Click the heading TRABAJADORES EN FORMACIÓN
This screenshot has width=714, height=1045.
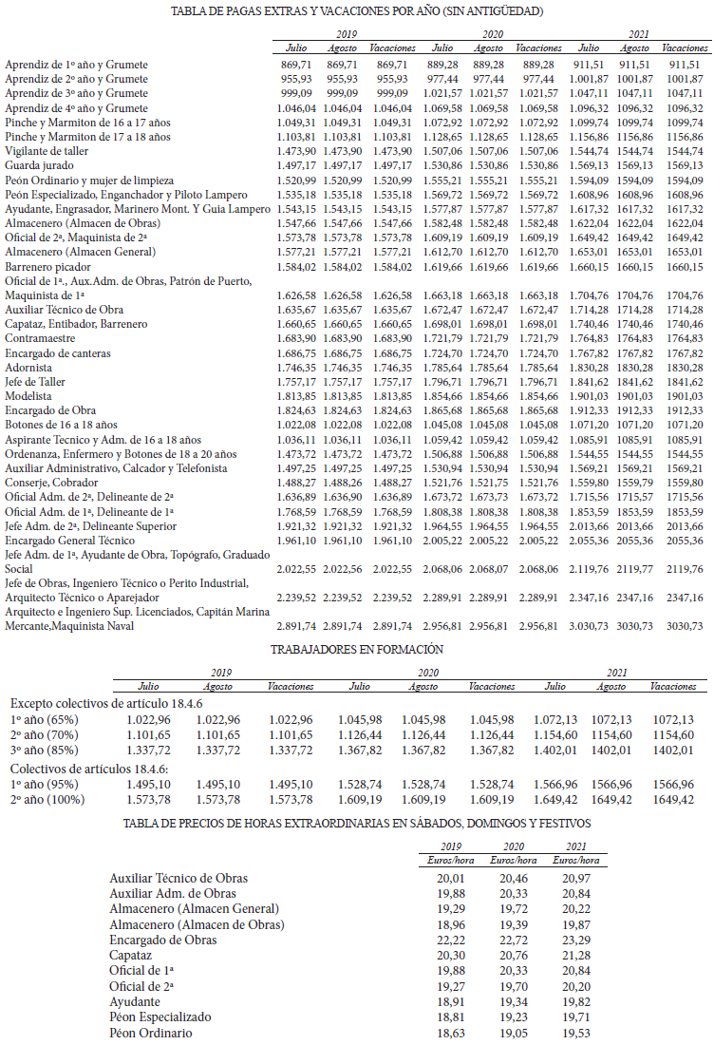[x=356, y=650]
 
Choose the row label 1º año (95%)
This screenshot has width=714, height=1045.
[x=45, y=784]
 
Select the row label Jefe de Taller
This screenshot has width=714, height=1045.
[x=35, y=381]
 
